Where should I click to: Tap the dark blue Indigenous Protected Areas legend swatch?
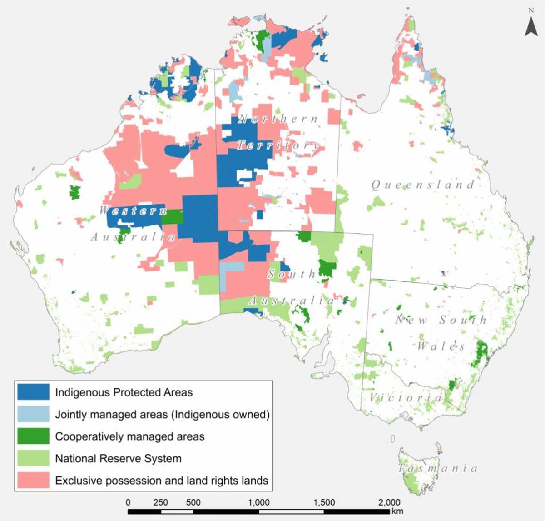coord(33,392)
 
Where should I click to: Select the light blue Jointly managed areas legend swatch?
coord(33,414)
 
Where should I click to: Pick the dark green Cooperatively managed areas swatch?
coord(33,436)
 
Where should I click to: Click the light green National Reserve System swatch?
coord(33,458)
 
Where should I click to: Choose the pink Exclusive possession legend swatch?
coord(33,480)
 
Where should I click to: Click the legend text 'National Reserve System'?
coord(118,458)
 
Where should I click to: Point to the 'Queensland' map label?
coord(423,185)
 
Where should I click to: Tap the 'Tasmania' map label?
coord(438,468)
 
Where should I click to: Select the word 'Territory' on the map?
coord(278,145)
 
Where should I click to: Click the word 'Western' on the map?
coord(133,210)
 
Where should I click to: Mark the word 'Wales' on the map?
coord(441,346)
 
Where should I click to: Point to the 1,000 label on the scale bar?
coord(258,502)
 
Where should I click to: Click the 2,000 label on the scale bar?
coord(389,502)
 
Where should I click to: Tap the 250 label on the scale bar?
coord(160,502)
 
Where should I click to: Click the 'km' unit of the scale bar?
coord(397,511)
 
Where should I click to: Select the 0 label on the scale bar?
coord(128,502)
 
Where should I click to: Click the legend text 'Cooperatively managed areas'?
coord(130,436)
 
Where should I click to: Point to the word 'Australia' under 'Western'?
coord(133,237)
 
